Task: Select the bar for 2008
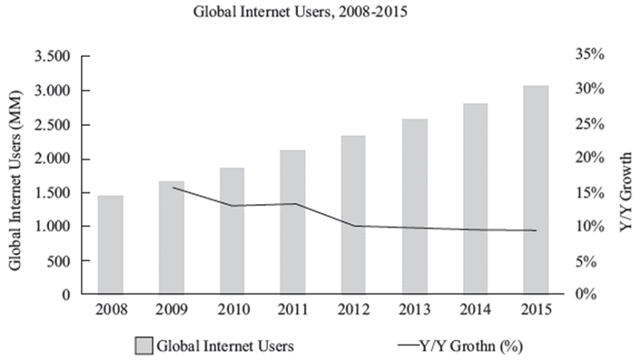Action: click(111, 245)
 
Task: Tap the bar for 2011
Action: click(293, 222)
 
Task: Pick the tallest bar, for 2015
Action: click(537, 190)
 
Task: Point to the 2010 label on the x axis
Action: click(232, 309)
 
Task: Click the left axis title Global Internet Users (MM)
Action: click(14, 176)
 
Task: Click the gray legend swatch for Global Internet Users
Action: click(142, 346)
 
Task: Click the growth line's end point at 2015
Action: click(537, 231)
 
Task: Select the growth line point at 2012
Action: click(354, 226)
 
